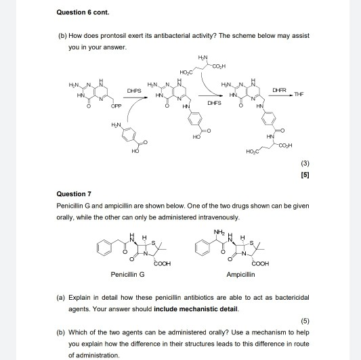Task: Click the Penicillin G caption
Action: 127,275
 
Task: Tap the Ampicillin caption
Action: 240,275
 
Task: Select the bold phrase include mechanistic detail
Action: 196,309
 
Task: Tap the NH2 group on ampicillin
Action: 218,232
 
